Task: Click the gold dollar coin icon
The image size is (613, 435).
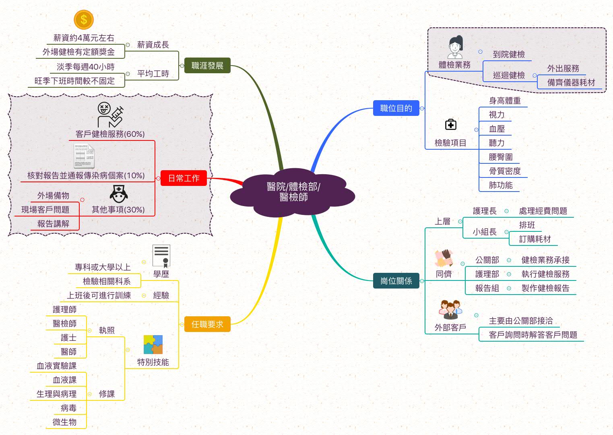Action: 84,19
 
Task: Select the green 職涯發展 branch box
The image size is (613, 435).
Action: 207,66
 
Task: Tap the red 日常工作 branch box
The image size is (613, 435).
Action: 184,178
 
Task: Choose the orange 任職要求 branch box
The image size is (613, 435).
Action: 207,324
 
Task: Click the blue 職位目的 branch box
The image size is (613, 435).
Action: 396,108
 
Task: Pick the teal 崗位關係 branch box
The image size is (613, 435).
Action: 396,281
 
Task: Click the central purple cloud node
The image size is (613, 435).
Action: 293,192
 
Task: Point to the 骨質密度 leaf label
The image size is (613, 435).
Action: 505,171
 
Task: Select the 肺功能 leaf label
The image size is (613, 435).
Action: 501,185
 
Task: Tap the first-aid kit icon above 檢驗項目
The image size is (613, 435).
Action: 451,125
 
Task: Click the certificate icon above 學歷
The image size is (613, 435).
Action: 161,256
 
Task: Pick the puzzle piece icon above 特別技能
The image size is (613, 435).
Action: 153,345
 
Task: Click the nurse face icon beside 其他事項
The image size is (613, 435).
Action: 119,194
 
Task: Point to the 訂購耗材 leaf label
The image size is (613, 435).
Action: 535,239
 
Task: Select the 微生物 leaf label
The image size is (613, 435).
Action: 64,422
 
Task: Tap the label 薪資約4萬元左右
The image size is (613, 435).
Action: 84,38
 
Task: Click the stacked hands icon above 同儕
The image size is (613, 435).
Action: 444,258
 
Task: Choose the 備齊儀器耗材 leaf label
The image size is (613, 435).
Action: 571,82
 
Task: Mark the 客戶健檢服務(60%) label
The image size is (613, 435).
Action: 110,134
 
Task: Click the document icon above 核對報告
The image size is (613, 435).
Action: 85,157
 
